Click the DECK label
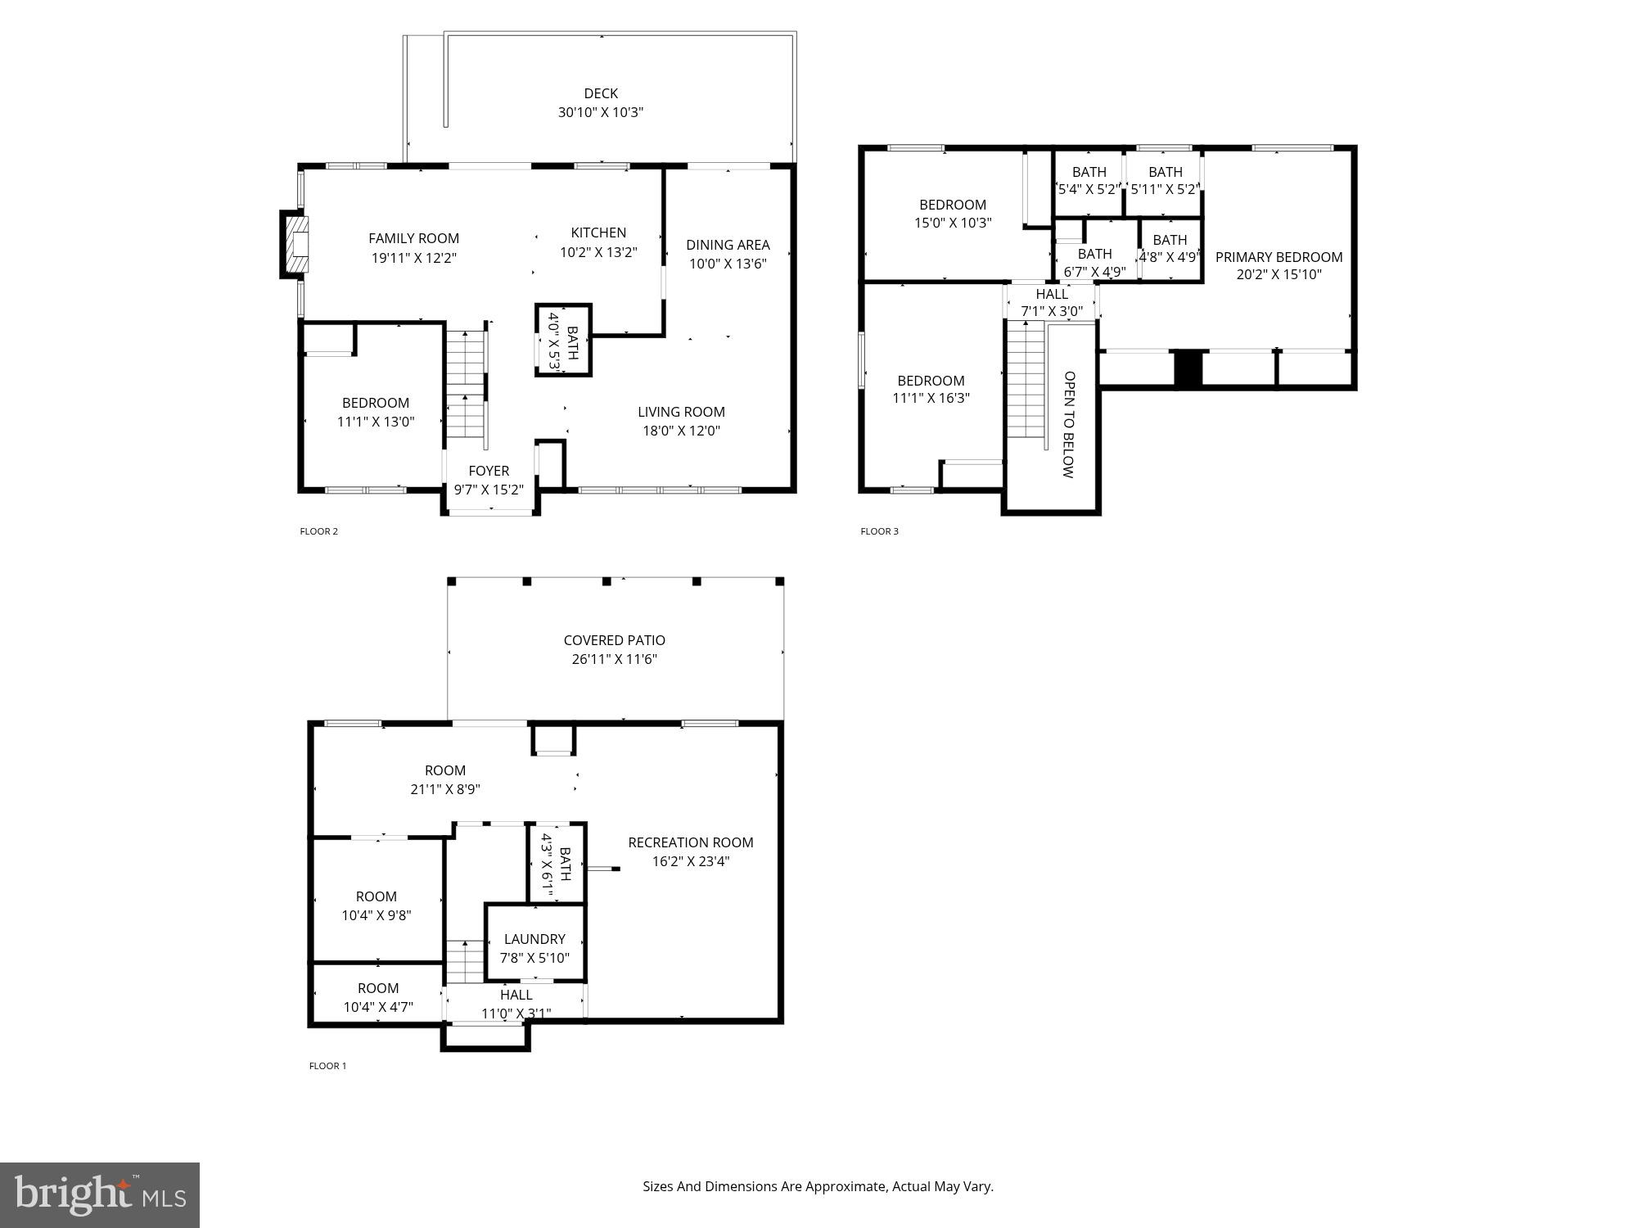click(600, 93)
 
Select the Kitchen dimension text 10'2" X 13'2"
click(598, 252)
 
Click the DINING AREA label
click(728, 244)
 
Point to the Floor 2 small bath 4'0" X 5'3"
click(563, 341)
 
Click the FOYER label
click(489, 471)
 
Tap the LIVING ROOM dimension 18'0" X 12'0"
click(681, 431)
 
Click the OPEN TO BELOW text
click(1069, 424)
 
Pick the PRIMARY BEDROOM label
click(1278, 257)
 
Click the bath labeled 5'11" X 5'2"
click(1165, 180)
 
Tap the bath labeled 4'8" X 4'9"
click(1170, 248)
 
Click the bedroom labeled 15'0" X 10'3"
click(953, 213)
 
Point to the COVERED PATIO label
click(614, 640)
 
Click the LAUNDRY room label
click(534, 939)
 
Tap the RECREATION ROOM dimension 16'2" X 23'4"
click(691, 861)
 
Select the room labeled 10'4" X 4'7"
click(377, 997)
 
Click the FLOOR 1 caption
click(327, 1066)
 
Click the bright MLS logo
click(99, 1194)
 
